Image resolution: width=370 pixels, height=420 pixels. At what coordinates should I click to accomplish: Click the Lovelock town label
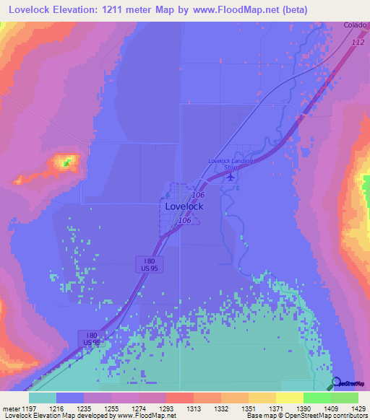pyautogui.click(x=184, y=206)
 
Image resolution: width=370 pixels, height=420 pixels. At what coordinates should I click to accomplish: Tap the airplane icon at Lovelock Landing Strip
pyautogui.click(x=231, y=175)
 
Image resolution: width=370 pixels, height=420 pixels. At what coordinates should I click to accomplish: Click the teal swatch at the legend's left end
pyautogui.click(x=43, y=398)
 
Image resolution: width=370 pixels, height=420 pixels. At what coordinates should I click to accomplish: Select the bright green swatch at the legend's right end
pyautogui.click(x=344, y=398)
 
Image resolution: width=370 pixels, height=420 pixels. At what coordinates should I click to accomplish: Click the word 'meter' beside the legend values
pyautogui.click(x=12, y=408)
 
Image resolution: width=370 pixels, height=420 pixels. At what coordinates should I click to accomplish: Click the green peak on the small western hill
pyautogui.click(x=66, y=163)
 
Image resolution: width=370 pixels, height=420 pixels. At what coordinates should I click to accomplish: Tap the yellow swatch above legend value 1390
pyautogui.click(x=289, y=398)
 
